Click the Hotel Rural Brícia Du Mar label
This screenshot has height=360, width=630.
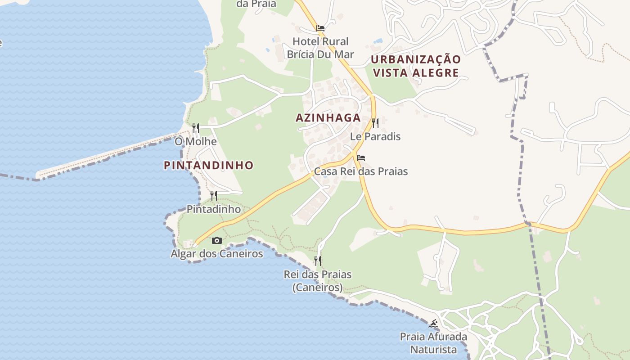click(320, 48)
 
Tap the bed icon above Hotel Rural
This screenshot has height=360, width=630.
click(320, 28)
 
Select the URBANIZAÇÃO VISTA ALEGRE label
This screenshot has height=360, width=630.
click(416, 66)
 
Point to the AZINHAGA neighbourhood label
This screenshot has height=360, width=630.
click(328, 118)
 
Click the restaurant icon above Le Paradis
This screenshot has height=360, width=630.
click(375, 123)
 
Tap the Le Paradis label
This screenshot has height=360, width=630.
click(375, 136)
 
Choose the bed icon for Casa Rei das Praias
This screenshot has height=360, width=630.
click(361, 158)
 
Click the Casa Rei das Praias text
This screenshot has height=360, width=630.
click(361, 171)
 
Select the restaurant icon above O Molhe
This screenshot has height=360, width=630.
click(196, 128)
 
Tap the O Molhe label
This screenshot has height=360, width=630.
click(196, 142)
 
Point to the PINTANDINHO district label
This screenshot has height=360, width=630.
click(209, 166)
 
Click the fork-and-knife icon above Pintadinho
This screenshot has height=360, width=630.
click(214, 195)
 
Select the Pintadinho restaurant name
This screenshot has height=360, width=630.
click(214, 209)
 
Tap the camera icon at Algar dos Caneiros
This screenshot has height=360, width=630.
click(217, 240)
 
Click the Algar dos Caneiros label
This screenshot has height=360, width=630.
click(217, 254)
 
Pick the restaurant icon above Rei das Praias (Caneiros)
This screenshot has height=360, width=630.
click(318, 261)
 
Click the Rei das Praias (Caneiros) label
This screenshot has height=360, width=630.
click(318, 281)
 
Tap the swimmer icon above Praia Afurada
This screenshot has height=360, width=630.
click(434, 324)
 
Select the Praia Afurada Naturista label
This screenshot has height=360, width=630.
click(434, 343)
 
